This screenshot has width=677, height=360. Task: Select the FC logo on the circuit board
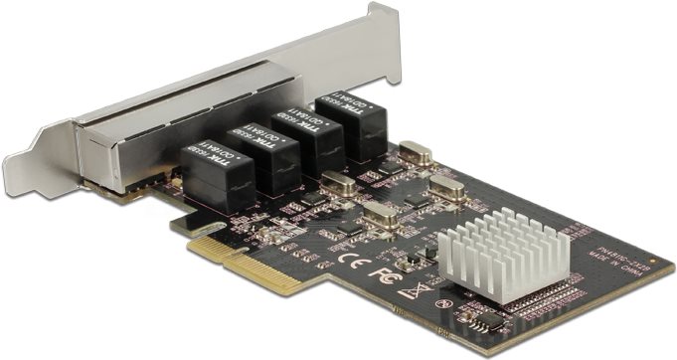pyautogui.click(x=381, y=271)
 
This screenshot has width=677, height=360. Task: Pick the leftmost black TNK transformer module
pyautogui.click(x=219, y=175)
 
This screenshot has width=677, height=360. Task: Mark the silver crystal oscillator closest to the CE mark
pyautogui.click(x=381, y=215)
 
